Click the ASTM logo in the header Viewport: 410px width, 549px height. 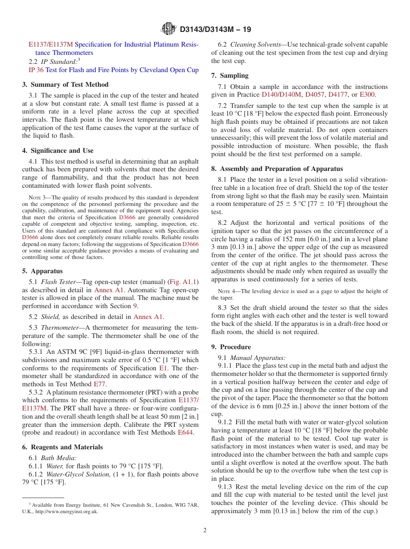(168, 29)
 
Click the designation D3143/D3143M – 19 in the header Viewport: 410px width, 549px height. (214, 30)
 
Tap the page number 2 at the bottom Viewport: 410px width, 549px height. (205, 530)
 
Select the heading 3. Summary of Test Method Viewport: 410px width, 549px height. (65, 85)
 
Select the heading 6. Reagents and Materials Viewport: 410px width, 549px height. (63, 447)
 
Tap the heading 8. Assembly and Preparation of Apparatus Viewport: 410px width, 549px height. (277, 169)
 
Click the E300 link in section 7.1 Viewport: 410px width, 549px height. (367, 95)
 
